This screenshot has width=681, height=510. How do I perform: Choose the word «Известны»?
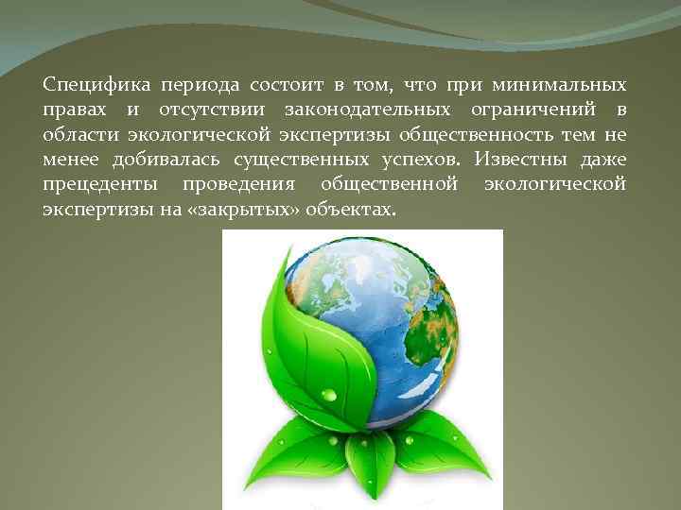click(523, 159)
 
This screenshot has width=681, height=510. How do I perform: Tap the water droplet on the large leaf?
click(328, 394)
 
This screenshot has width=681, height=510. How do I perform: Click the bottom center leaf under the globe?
click(368, 467)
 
